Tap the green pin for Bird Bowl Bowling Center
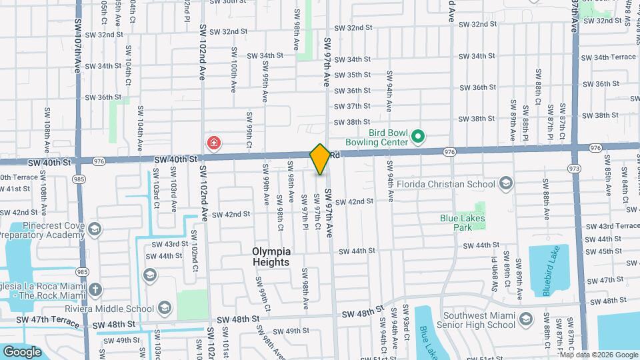pos(418,137)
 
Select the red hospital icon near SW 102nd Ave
pos(214,142)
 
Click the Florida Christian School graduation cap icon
pos(506,183)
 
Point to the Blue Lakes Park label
pos(465,222)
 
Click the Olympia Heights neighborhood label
pos(271,257)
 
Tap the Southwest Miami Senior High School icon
pos(525,319)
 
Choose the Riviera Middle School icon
pos(165,307)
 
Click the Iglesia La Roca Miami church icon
pos(96,289)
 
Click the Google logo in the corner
pos(22,351)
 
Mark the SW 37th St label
pos(353,106)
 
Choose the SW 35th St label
pos(353,75)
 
